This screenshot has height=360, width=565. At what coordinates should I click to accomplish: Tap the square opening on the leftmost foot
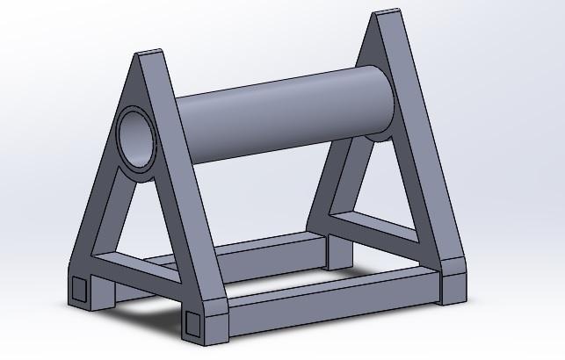click(x=80, y=289)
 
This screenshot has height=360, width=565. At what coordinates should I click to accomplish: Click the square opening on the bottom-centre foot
click(x=194, y=323)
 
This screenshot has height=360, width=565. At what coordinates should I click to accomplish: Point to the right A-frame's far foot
click(x=337, y=250)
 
